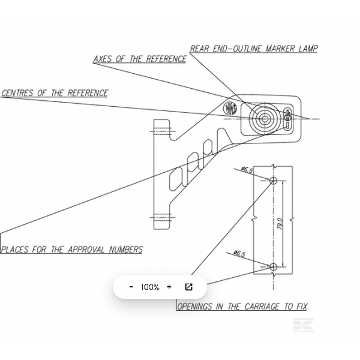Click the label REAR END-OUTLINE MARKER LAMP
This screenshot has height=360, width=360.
254,49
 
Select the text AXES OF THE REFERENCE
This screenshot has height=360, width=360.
140,59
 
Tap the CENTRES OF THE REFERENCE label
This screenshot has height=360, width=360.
55,93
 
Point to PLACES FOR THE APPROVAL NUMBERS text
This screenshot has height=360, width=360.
72,250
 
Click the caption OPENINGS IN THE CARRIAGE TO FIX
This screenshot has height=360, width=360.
242,306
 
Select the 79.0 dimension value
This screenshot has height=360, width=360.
280,224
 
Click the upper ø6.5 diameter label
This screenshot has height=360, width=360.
247,170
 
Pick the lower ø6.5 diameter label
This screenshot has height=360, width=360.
239,253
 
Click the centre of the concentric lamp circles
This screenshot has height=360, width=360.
265,119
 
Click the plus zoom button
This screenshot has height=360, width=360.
169,287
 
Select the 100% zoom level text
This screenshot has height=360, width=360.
150,287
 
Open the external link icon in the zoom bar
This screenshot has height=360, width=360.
188,287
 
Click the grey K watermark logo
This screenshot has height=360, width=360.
304,325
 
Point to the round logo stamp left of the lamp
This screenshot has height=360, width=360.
230,109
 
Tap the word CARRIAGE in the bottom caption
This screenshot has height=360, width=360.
262,306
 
